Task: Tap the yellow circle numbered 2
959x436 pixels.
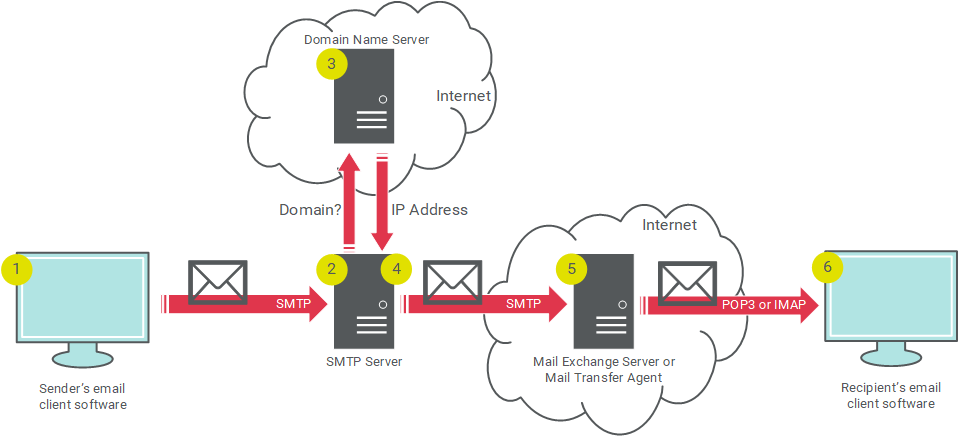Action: (x=331, y=267)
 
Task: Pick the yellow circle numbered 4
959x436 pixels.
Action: (x=396, y=267)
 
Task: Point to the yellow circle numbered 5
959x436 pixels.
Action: (x=571, y=267)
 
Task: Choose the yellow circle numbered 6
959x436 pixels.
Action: (x=827, y=267)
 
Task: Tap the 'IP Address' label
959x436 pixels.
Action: (x=429, y=210)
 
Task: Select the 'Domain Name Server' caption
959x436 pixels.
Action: (x=366, y=39)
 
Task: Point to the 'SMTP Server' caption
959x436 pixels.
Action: (x=364, y=361)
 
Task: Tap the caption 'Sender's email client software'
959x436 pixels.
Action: (x=83, y=395)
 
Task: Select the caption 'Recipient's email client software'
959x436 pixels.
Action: (x=890, y=395)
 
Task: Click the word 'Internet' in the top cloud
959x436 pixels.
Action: (x=463, y=96)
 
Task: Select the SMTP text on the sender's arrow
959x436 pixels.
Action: (x=292, y=303)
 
